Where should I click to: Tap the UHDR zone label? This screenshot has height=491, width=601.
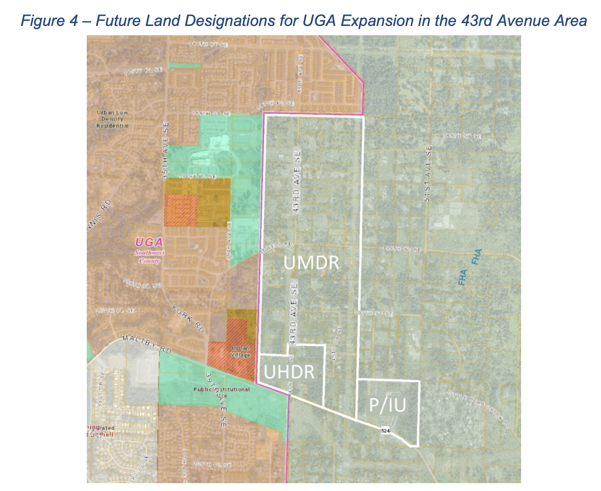[289, 371]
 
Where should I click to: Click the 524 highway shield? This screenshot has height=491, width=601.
[386, 431]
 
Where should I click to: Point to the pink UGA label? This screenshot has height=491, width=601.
[148, 242]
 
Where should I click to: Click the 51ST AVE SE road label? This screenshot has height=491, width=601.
[428, 174]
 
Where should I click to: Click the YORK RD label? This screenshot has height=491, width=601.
[187, 319]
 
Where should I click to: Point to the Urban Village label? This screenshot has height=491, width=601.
[241, 351]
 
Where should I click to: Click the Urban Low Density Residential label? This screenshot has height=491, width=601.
[113, 119]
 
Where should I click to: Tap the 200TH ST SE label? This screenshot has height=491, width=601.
[374, 313]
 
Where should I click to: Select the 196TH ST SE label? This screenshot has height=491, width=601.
[401, 249]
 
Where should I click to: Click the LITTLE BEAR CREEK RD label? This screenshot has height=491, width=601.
[478, 410]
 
